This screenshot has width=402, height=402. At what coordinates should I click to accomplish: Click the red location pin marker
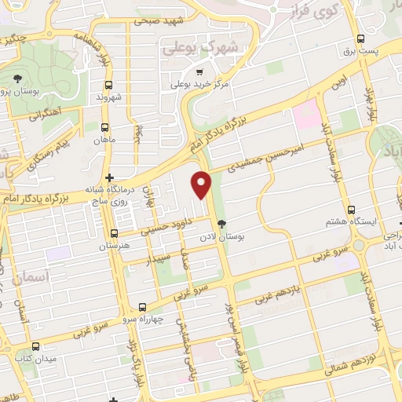click(203, 185)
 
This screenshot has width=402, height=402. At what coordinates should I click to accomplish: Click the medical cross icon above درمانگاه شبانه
click(109, 177)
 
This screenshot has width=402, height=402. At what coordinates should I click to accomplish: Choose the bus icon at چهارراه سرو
click(142, 307)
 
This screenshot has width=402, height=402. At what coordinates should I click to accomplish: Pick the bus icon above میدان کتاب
click(33, 345)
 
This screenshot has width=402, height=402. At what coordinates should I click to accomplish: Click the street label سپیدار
click(162, 255)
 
